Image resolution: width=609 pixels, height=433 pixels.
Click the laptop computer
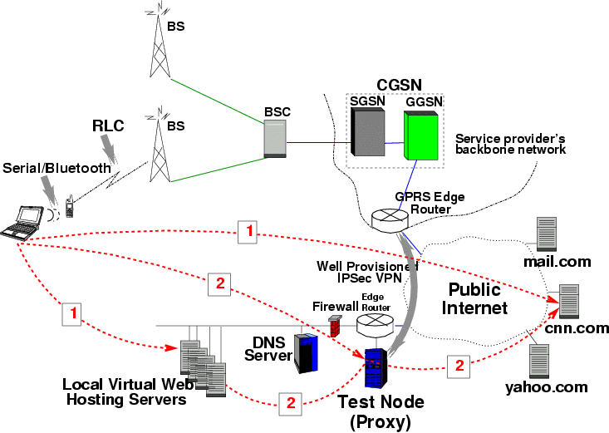tap(23, 220)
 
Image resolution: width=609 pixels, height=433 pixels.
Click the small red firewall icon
tap(336, 327)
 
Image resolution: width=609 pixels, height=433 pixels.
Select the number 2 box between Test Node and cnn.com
tap(457, 364)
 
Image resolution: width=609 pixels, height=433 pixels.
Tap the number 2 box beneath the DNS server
tap(291, 402)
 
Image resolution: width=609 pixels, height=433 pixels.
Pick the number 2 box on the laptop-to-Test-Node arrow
tap(219, 283)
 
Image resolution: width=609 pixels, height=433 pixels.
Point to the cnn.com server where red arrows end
tap(569, 301)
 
